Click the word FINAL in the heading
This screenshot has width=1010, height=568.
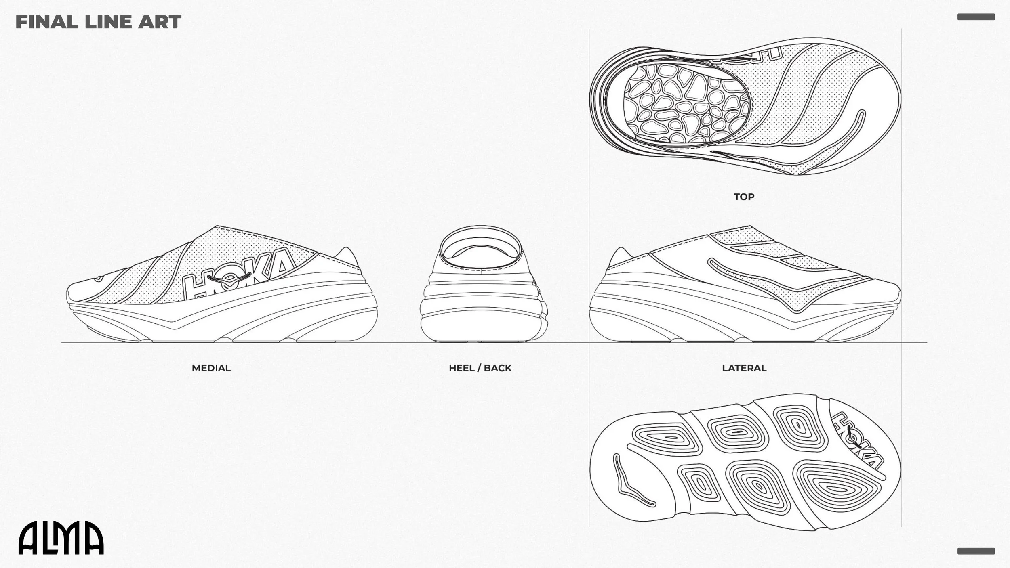[46, 22]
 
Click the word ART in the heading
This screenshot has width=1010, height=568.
[160, 22]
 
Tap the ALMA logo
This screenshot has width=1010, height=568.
[61, 538]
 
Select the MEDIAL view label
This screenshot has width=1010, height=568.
[211, 368]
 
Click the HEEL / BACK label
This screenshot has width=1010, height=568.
[480, 368]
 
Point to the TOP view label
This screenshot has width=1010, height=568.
[744, 197]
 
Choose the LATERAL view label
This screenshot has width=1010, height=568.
[744, 368]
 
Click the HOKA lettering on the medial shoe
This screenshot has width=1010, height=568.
[238, 275]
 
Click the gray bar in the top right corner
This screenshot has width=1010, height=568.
[976, 17]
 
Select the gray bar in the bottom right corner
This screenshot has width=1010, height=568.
[976, 551]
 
